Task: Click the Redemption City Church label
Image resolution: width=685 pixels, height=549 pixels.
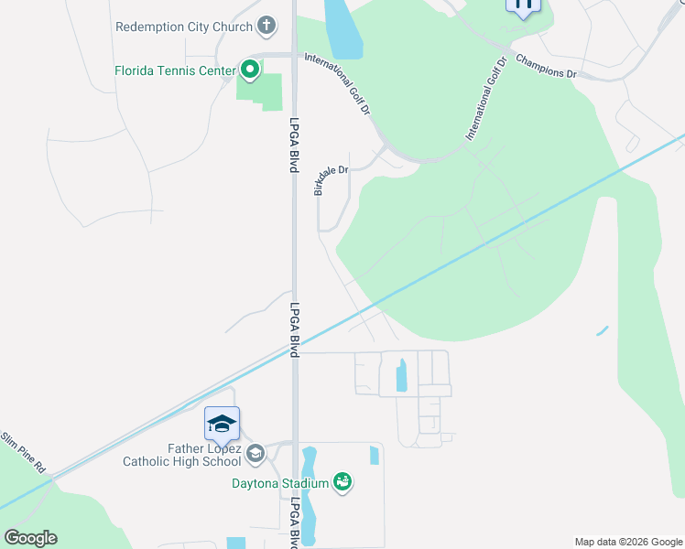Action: [x=183, y=27]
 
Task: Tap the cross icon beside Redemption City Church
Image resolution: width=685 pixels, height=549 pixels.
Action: [x=266, y=26]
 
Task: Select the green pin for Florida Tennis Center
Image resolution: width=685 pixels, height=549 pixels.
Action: [x=249, y=70]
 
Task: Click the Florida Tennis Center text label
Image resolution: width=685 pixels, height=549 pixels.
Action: [x=174, y=70]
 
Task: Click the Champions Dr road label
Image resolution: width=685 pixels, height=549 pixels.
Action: [x=546, y=67]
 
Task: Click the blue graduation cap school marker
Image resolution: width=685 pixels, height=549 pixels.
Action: [x=222, y=425]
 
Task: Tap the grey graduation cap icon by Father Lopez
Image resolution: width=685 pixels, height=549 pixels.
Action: [x=256, y=452]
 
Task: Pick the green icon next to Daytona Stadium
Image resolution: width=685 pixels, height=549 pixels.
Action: [x=343, y=481]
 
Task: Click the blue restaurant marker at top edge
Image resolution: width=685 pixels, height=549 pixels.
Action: [x=523, y=5]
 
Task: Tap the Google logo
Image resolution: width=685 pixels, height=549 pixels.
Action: [x=30, y=538]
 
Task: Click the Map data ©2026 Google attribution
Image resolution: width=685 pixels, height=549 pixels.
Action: [x=627, y=542]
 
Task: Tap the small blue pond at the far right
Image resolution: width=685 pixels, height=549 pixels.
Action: [x=602, y=330]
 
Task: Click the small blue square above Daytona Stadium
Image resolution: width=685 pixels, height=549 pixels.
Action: [x=374, y=455]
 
